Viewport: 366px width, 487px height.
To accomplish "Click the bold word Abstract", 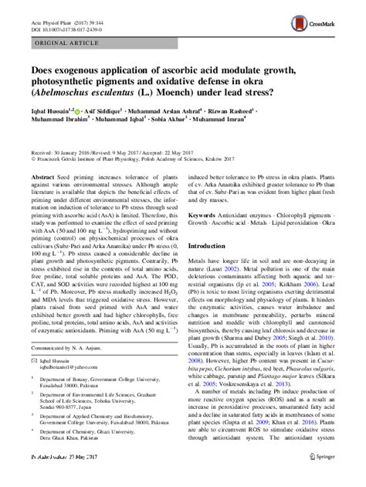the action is tap(42, 177).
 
